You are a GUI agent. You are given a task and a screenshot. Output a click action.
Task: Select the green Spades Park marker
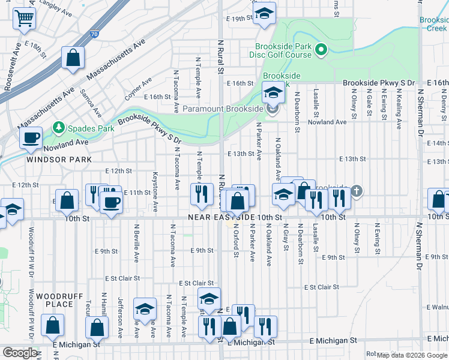click(59, 128)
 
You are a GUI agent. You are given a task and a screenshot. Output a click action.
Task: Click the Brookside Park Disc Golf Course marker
click(321, 50)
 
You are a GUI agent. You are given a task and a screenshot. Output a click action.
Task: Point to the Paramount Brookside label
click(223, 109)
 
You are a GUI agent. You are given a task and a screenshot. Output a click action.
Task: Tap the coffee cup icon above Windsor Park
click(30, 137)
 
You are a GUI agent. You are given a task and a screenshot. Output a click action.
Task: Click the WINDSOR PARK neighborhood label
click(59, 160)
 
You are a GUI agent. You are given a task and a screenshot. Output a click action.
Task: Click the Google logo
click(19, 353)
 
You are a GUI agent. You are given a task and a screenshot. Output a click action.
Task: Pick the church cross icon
click(357, 191)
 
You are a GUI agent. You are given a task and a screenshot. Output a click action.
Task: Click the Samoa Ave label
click(94, 104)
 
